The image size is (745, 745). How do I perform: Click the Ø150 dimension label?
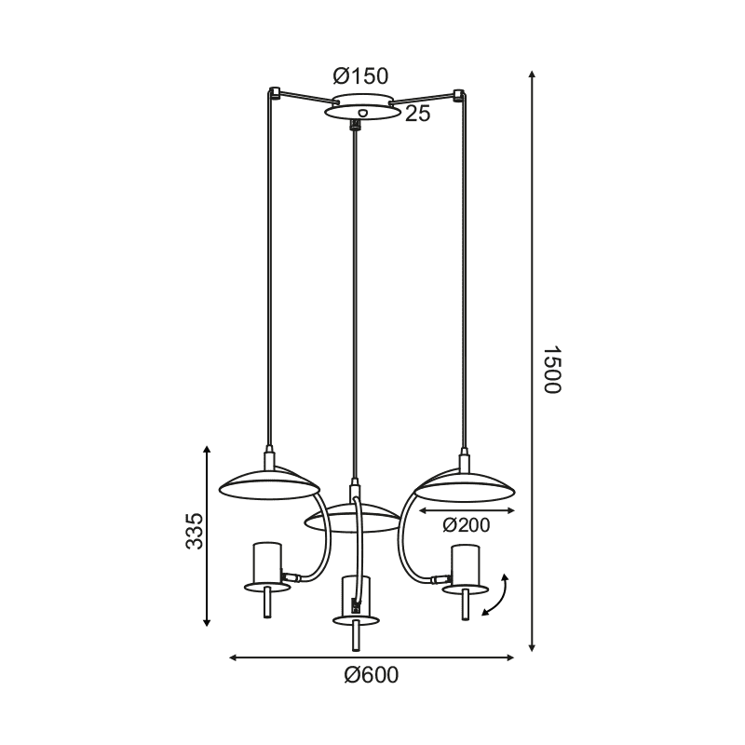click(360, 76)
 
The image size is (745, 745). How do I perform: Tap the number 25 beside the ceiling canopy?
click(417, 114)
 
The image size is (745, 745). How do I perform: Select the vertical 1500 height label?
click(552, 369)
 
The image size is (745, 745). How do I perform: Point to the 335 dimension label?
click(194, 531)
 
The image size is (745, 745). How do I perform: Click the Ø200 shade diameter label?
click(466, 525)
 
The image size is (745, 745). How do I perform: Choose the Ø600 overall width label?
click(371, 674)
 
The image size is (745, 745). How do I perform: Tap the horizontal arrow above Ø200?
click(467, 510)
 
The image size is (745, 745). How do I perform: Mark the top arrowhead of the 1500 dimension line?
click(532, 74)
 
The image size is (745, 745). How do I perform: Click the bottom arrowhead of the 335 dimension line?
click(206, 622)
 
